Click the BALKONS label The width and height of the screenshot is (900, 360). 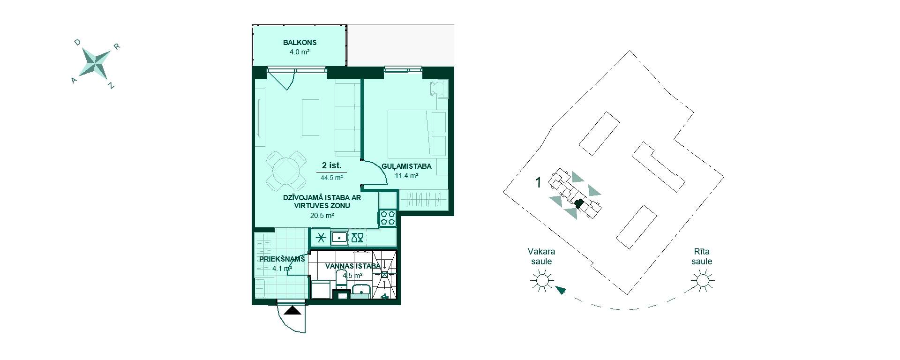300,42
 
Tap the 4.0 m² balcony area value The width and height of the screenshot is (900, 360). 300,52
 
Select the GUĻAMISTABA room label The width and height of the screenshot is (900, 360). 406,166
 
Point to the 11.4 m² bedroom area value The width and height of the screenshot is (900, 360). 406,176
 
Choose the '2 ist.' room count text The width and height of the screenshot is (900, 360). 331,165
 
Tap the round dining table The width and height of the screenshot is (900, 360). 285,170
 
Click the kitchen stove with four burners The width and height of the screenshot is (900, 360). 388,218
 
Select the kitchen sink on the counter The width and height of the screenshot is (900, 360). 339,238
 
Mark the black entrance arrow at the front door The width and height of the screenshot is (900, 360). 294,310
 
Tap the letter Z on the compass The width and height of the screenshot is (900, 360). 111,86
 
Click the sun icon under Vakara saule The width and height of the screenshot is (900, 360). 541,281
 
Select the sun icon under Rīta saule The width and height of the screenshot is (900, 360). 702,281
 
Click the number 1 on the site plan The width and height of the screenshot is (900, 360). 538,182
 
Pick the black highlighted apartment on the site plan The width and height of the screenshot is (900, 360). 579,203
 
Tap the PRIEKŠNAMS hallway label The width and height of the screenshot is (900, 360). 282,259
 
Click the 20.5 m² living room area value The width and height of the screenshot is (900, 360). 322,216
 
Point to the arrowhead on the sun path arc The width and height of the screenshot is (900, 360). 560,290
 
